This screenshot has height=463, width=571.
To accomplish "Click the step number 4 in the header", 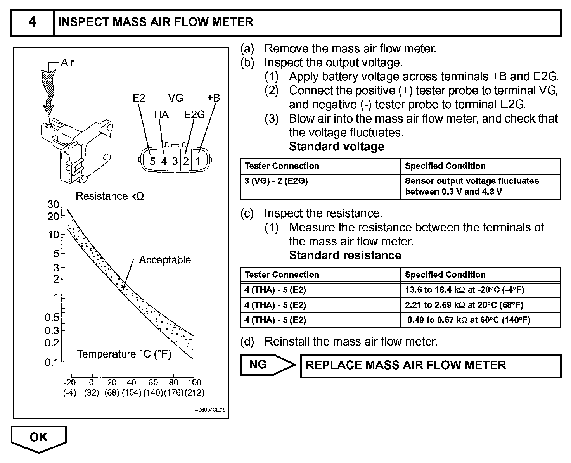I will pyautogui.click(x=32, y=22).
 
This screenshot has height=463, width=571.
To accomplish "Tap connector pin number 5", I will pyautogui.click(x=152, y=161).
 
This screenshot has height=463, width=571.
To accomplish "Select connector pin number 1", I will pyautogui.click(x=198, y=161).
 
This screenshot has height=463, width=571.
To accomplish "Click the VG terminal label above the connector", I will pyautogui.click(x=175, y=98).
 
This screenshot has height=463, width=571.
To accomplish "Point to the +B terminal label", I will pyautogui.click(x=213, y=98).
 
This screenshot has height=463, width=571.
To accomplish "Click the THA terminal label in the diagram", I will pyautogui.click(x=158, y=115).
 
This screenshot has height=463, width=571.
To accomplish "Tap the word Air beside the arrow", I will pyautogui.click(x=67, y=63).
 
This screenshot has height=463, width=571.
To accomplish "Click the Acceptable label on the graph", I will pyautogui.click(x=165, y=260).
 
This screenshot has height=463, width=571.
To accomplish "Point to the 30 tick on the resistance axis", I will pyautogui.click(x=53, y=204).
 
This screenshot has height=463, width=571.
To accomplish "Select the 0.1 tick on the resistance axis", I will pyautogui.click(x=51, y=362).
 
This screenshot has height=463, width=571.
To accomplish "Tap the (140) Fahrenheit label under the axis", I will pyautogui.click(x=153, y=392).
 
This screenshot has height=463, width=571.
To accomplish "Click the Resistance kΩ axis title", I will pyautogui.click(x=110, y=196).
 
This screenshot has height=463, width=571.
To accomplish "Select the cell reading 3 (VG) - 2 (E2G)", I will pyautogui.click(x=276, y=181).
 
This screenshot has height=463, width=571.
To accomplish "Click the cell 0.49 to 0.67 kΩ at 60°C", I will pyautogui.click(x=469, y=320).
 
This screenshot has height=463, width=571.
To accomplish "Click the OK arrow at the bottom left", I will pyautogui.click(x=39, y=438).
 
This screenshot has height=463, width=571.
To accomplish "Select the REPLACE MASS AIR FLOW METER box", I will pyautogui.click(x=431, y=365).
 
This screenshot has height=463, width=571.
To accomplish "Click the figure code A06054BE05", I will pyautogui.click(x=210, y=409).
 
